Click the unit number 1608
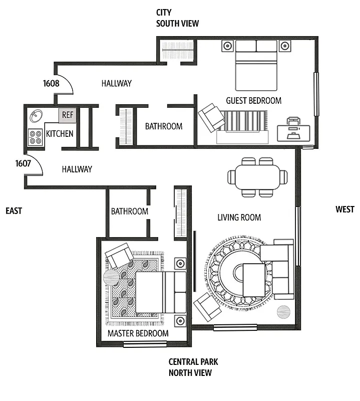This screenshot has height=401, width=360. (x=51, y=83)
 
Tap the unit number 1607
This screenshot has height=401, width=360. (x=23, y=163)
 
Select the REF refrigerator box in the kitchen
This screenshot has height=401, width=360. (x=68, y=115)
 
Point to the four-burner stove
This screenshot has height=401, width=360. (x=36, y=137)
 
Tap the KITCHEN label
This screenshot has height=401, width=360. (x=60, y=134)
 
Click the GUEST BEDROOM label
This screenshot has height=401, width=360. (x=253, y=100)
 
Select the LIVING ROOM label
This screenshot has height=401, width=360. (x=239, y=217)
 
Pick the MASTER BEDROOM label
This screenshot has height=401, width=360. (x=138, y=333)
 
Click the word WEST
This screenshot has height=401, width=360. (x=344, y=210)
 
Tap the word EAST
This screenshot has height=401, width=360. (x=14, y=211)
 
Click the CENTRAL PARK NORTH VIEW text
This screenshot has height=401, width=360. (x=193, y=367)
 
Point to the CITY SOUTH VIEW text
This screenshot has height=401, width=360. (x=177, y=18)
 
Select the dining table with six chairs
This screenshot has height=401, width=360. (x=258, y=177)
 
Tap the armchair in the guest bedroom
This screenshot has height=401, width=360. (x=211, y=117)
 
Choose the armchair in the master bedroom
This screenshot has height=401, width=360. (x=119, y=257)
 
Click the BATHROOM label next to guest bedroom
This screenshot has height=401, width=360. (x=164, y=126)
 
